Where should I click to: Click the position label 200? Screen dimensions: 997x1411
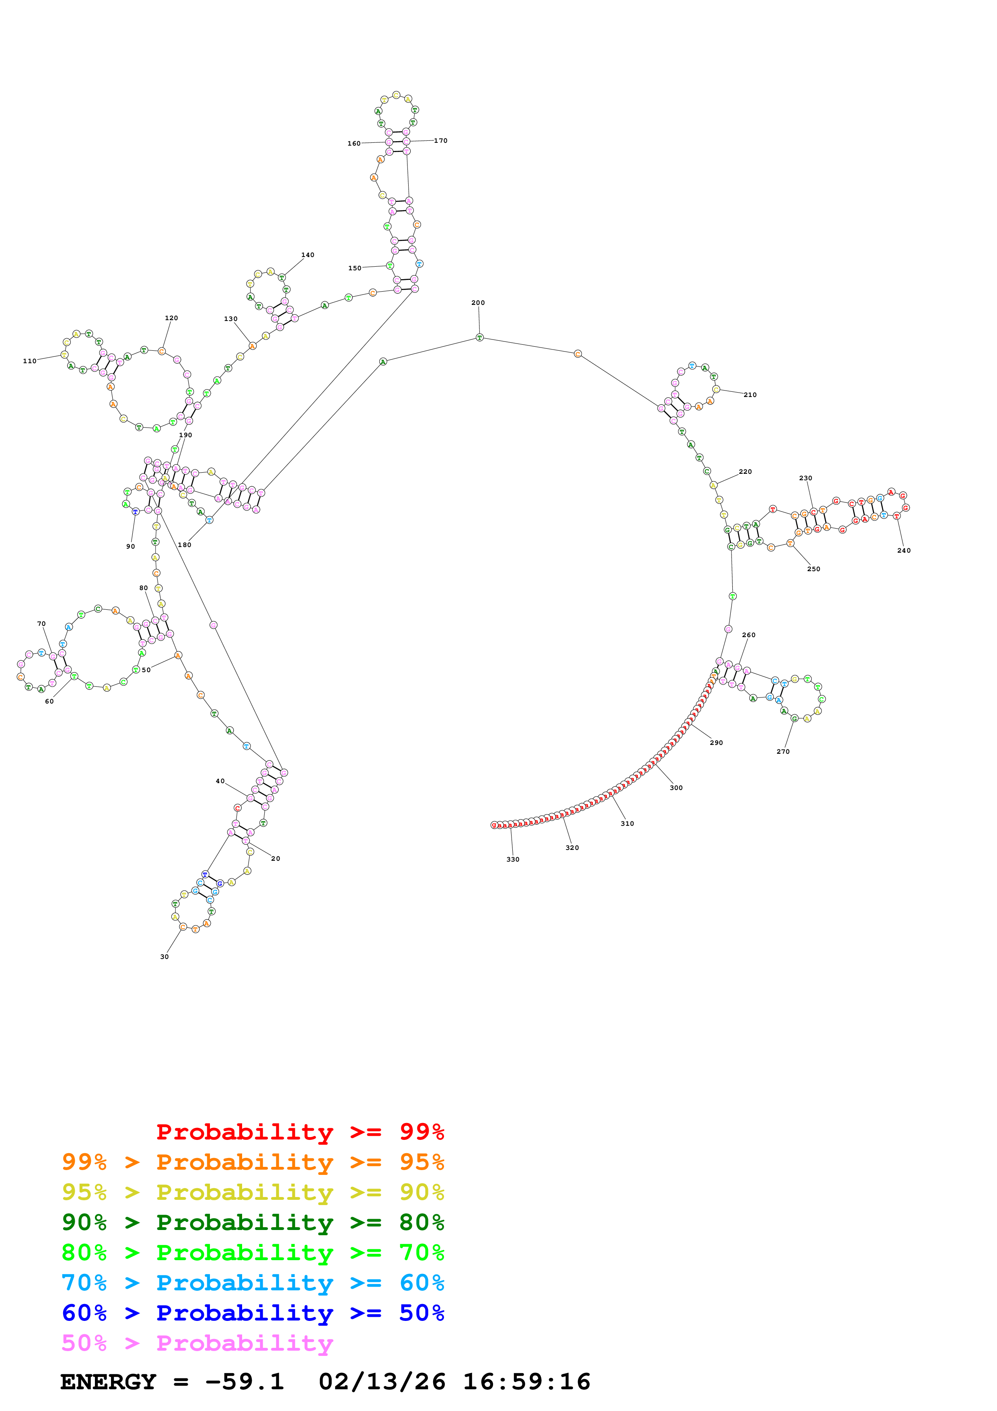(x=478, y=303)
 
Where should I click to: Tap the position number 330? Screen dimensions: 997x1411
(x=513, y=860)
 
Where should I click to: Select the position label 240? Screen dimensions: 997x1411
(x=904, y=551)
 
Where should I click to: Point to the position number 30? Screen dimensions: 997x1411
(x=164, y=957)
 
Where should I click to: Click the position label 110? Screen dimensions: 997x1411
(x=29, y=361)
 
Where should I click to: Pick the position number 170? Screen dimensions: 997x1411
(x=440, y=141)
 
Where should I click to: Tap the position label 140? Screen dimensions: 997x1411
(x=308, y=255)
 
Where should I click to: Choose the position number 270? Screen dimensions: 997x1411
(x=783, y=752)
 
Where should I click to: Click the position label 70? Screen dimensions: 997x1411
(x=41, y=624)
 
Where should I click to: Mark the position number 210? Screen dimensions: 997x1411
(x=750, y=395)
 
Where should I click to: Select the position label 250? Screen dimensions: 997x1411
(x=813, y=569)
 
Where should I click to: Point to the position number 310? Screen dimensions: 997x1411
(x=627, y=823)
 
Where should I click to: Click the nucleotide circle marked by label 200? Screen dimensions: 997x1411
(x=480, y=337)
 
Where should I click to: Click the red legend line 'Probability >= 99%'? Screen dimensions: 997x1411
(x=300, y=1132)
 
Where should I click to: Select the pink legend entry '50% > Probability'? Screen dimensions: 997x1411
(x=197, y=1343)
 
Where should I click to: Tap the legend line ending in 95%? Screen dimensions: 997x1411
(x=253, y=1162)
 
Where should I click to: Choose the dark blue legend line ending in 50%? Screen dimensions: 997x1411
(x=253, y=1313)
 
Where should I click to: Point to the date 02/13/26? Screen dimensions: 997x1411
(x=382, y=1382)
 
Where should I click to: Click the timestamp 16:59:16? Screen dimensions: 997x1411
(x=526, y=1382)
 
